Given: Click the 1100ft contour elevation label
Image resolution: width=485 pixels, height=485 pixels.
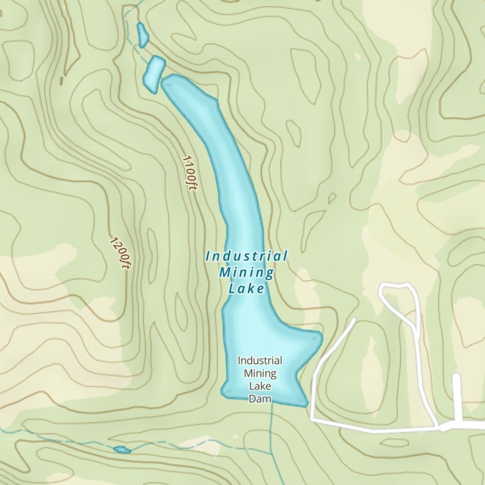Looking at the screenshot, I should [190, 173].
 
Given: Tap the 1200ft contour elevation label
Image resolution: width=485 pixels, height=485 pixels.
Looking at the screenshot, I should [120, 253].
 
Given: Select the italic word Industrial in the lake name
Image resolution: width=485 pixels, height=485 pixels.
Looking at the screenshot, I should [246, 256].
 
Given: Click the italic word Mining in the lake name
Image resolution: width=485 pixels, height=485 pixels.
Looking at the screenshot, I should [246, 273].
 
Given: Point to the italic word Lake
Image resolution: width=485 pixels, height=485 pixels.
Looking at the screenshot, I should [246, 289].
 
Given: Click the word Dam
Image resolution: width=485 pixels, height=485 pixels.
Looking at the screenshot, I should [259, 399].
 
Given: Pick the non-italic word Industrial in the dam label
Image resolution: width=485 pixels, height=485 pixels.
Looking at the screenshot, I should [259, 361].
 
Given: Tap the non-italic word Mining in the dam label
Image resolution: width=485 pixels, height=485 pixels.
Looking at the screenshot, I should [259, 373].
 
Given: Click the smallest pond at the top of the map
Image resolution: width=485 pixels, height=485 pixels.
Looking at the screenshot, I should [143, 35].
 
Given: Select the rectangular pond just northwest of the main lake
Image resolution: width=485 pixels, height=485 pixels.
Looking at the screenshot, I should [154, 74].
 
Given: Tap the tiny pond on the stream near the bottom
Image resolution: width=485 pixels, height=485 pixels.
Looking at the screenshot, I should [122, 450].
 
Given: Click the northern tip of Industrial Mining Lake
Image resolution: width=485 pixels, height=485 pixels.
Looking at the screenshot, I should [165, 81].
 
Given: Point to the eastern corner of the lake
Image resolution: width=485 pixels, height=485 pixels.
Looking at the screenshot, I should [321, 336].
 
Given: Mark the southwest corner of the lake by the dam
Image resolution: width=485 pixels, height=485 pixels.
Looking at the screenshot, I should [224, 392].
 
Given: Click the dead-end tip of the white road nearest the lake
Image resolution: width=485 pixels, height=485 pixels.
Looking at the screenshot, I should [354, 320].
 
